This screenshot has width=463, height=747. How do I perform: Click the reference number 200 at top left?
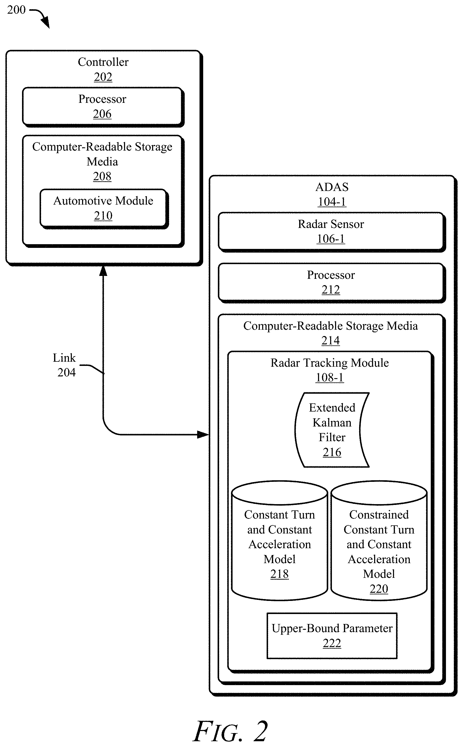click(x=16, y=10)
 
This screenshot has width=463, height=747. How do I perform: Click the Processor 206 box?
click(x=103, y=107)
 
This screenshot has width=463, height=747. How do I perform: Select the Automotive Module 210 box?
click(x=104, y=209)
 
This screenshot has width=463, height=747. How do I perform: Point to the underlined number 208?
click(x=102, y=177)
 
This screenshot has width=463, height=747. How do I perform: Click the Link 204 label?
click(x=64, y=365)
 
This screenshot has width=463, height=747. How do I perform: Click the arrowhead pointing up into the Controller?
click(x=103, y=271)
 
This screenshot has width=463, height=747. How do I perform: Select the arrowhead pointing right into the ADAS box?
click(x=203, y=434)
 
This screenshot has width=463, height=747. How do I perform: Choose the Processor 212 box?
click(x=332, y=283)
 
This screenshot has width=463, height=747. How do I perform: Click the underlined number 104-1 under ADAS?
click(x=332, y=202)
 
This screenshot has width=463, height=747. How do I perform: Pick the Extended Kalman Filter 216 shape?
click(x=332, y=430)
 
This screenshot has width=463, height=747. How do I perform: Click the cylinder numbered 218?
click(x=279, y=540)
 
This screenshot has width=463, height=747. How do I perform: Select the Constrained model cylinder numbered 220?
click(x=379, y=540)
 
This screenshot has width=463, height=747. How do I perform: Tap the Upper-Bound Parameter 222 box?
click(x=332, y=636)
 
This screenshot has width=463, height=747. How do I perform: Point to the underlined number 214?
click(x=331, y=340)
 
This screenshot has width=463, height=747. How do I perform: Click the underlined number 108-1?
click(x=330, y=378)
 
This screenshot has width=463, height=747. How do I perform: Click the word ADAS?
click(x=332, y=187)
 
